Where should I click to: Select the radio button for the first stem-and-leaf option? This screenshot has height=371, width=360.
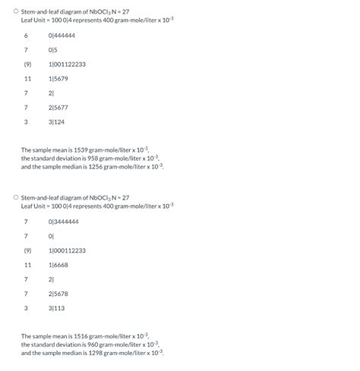(x=15, y=11)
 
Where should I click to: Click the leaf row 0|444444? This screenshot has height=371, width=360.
(x=62, y=36)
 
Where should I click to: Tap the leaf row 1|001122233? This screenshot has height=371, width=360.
(x=67, y=64)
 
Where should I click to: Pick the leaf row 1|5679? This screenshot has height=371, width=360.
(x=58, y=78)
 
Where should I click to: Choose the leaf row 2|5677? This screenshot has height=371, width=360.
(x=58, y=107)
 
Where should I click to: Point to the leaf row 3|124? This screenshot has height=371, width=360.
(x=56, y=121)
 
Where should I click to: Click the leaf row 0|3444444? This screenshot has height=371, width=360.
(x=63, y=222)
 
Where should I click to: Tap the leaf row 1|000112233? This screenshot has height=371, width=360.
(x=67, y=250)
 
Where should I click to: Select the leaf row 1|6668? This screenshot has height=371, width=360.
(x=58, y=265)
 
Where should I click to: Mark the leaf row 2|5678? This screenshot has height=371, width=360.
(x=58, y=294)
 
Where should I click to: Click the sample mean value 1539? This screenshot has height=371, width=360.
(x=77, y=150)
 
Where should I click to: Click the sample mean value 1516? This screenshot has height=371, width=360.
(x=77, y=336)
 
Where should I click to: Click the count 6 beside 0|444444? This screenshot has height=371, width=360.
(x=26, y=36)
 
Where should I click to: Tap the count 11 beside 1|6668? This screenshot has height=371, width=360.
(x=27, y=265)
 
